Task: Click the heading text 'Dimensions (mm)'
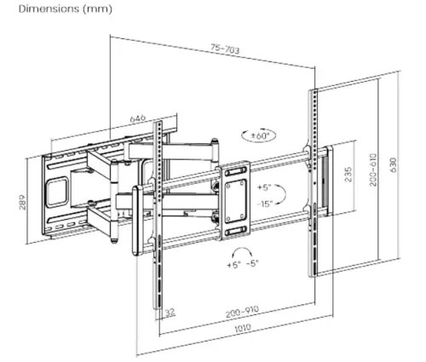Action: coord(50,9)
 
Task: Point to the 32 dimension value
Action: coord(170,312)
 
